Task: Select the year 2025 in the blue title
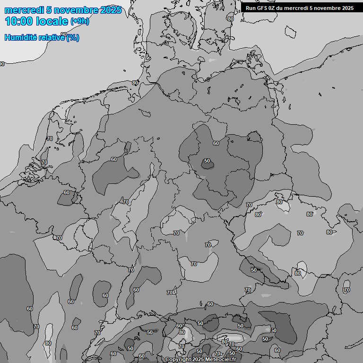point(111,10)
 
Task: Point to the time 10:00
point(19,21)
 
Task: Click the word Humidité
point(19,37)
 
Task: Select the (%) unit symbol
point(73,37)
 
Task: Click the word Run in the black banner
point(251,8)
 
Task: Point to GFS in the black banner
point(263,8)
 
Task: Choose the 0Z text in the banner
point(274,8)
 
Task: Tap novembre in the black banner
point(327,8)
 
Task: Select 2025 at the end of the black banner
point(347,8)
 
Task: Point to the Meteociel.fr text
point(221,360)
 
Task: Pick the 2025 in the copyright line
point(198,360)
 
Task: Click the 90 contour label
point(2,64)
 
